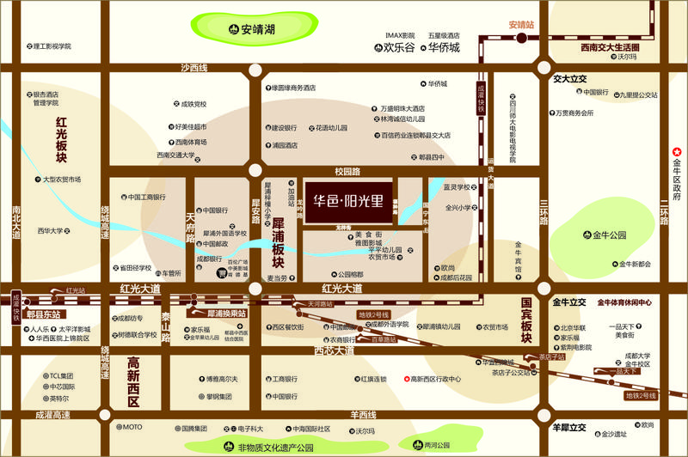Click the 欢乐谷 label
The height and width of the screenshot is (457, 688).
[x=398, y=47]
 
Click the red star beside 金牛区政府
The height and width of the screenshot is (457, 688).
[x=676, y=151]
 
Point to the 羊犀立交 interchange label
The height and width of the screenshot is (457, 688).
[x=568, y=427]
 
